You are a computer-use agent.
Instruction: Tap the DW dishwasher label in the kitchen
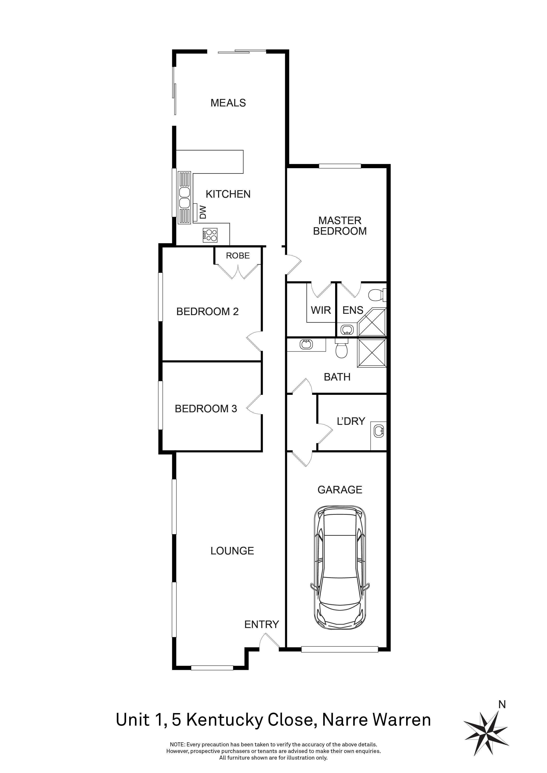coord(203,212)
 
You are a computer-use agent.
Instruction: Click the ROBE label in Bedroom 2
coord(238,256)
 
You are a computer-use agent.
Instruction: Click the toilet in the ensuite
coord(377,295)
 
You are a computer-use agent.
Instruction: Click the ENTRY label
coord(261,624)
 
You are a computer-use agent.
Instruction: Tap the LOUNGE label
coord(232,551)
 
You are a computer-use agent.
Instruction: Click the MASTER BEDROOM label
coord(340,226)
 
